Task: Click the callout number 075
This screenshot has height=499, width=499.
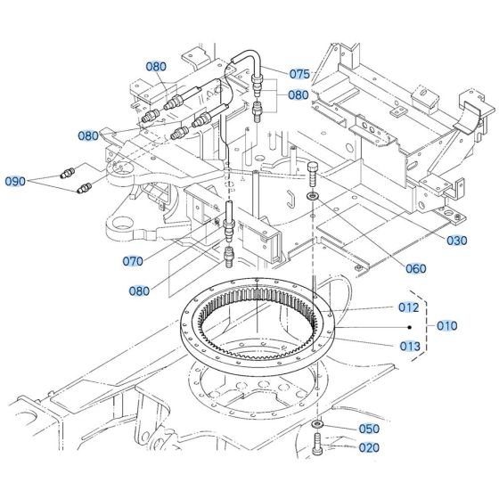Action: (300, 74)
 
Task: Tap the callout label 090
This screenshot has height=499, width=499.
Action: (16, 181)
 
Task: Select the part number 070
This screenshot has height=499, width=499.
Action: (133, 261)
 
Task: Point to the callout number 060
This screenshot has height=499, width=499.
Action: (416, 268)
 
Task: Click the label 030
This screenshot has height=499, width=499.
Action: (457, 241)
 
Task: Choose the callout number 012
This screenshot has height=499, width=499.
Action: (409, 307)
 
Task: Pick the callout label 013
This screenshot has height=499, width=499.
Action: (409, 346)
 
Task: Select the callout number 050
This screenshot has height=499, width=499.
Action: (370, 429)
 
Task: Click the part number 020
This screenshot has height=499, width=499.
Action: (370, 448)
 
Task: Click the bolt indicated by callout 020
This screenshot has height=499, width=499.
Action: (319, 443)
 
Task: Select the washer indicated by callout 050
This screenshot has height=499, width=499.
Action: (318, 423)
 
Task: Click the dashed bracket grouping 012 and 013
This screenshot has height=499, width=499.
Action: (428, 326)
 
